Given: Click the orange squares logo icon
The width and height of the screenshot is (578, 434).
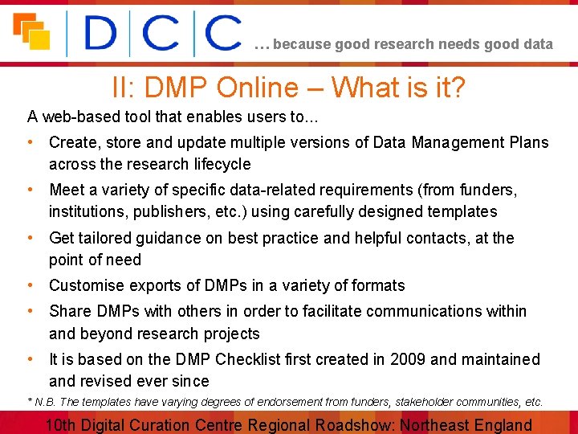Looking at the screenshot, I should click(31, 32).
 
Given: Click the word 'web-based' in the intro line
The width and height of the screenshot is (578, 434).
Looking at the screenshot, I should click(79, 117).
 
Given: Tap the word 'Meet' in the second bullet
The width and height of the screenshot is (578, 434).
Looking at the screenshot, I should click(67, 190).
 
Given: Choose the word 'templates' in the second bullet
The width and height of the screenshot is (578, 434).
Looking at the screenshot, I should click(461, 212).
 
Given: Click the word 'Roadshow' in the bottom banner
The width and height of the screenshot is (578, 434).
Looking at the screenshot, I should click(355, 425).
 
